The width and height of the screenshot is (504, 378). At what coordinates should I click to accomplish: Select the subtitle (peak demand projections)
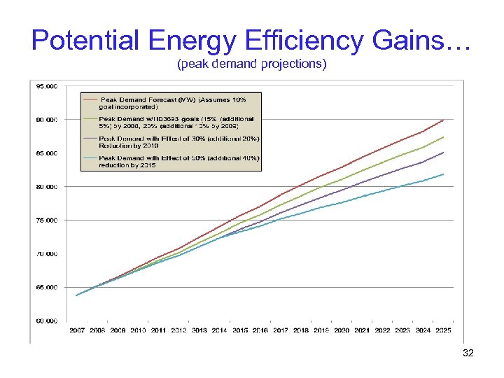[251, 65]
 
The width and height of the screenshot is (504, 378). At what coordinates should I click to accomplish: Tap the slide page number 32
[468, 353]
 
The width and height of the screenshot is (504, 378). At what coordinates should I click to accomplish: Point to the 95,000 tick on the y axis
[47, 86]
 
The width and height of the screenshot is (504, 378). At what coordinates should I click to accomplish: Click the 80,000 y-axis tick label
[47, 187]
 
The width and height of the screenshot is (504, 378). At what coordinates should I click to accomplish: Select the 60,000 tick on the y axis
[47, 321]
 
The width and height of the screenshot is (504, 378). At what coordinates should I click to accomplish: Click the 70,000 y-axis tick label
[47, 254]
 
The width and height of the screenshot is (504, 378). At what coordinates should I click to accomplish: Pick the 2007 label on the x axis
[77, 330]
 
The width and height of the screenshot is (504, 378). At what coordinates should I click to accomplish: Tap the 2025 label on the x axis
[444, 330]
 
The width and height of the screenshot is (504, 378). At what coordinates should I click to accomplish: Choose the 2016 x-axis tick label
[260, 330]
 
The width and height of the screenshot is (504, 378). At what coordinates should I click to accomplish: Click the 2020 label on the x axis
[342, 330]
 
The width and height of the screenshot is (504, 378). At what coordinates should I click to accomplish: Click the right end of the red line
[444, 120]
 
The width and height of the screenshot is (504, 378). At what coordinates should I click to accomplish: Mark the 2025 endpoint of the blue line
[444, 174]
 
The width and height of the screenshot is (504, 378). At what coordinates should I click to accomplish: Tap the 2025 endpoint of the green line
[444, 136]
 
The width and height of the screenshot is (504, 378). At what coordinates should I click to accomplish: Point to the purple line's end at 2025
[444, 152]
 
